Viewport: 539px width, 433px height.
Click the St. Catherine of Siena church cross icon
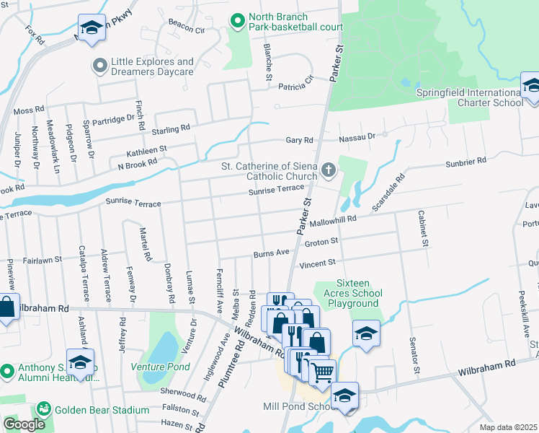pyautogui.click(x=329, y=170)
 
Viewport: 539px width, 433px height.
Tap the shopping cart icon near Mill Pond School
pyautogui.click(x=323, y=372)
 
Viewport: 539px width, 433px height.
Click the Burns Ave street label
pyautogui.click(x=271, y=253)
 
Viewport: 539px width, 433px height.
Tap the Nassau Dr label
pyautogui.click(x=362, y=136)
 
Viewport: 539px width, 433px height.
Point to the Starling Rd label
pyautogui.click(x=170, y=129)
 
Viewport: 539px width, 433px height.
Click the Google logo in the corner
pyautogui.click(x=24, y=424)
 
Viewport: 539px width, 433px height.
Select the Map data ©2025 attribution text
pyautogui.click(x=509, y=427)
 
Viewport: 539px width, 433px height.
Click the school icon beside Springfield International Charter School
pyautogui.click(x=531, y=85)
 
